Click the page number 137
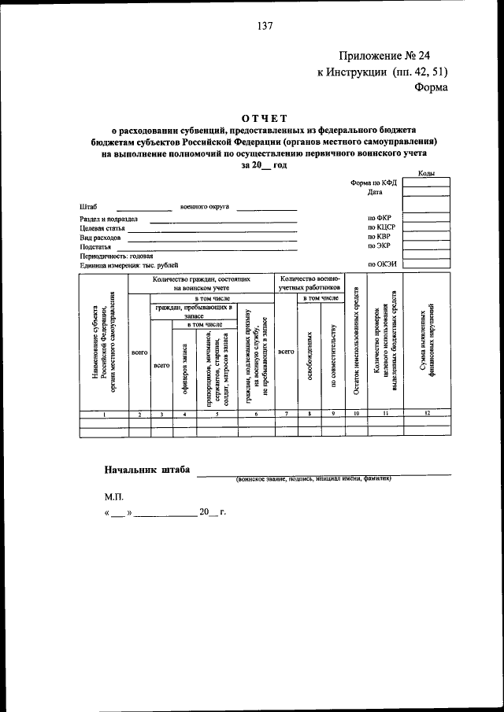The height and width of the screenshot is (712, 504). click(264, 25)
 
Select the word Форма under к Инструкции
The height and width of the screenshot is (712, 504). click(431, 87)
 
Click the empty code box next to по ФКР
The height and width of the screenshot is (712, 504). click(426, 217)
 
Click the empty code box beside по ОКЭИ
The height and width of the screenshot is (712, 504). click(426, 265)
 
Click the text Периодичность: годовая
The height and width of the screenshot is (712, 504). click(116, 256)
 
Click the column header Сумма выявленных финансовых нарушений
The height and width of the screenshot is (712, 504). click(427, 341)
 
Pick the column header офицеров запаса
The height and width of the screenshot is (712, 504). click(184, 370)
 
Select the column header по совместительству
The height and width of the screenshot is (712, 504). click(333, 356)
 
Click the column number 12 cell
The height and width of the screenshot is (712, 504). click(427, 414)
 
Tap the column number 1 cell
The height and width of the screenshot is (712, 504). click(104, 414)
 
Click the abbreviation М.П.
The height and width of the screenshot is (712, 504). click(113, 497)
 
